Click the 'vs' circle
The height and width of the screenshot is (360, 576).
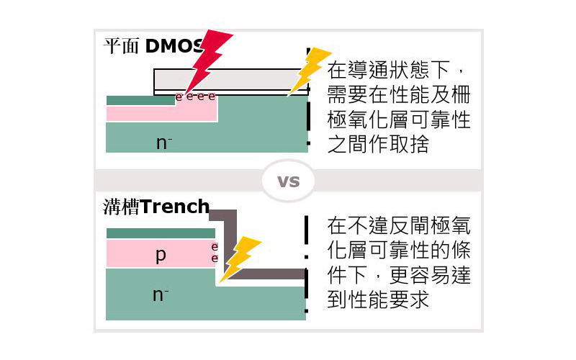coord(288,181)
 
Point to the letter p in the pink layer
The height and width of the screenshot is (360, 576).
coord(161,255)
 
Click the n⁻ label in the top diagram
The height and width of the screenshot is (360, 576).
coord(164,143)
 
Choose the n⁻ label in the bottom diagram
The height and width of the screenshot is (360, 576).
coord(161,294)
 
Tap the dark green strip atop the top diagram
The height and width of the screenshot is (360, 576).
coord(140,101)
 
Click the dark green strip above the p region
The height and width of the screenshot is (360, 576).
coord(160,233)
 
